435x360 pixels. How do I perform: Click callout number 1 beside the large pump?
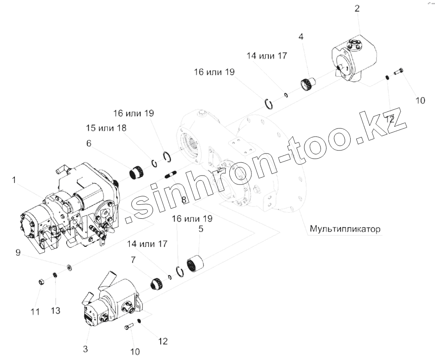pos(14,180)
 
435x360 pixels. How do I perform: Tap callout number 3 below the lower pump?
pos(86,349)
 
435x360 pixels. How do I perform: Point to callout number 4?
pos(301,37)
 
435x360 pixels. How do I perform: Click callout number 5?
pos(201,229)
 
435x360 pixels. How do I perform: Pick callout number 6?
pos(89,143)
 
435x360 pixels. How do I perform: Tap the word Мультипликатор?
pos(346,229)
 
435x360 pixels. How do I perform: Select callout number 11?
pos(35,312)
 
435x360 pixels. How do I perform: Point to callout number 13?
pos(56,311)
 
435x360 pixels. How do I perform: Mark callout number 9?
pos(18,253)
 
